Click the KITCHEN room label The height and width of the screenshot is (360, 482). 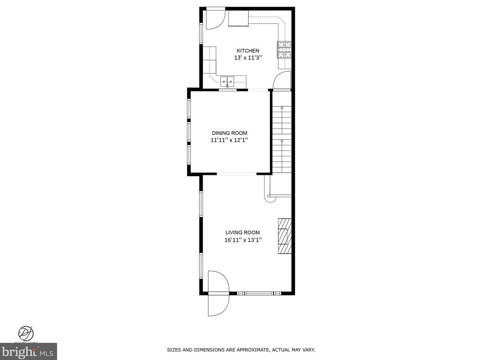tap(248, 51)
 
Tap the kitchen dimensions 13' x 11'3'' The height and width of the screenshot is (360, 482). tap(248, 58)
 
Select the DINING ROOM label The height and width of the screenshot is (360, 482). tap(230, 133)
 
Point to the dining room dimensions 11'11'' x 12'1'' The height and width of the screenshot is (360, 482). tap(230, 140)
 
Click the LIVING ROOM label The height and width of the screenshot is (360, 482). tap(243, 232)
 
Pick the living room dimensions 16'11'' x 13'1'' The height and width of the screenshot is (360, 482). tap(243, 240)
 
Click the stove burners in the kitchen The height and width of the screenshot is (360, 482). tap(284, 50)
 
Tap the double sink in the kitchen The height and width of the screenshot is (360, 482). tap(227, 81)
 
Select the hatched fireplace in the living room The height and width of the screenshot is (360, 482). tap(285, 236)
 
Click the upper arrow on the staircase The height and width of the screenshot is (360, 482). tap(282, 109)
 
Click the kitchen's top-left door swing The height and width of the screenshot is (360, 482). tap(214, 19)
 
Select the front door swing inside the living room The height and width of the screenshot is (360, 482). tap(218, 281)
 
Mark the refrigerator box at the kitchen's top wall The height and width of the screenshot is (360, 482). tap(238, 18)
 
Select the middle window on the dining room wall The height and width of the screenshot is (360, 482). tap(189, 133)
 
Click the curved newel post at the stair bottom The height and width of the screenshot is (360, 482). tap(270, 199)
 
